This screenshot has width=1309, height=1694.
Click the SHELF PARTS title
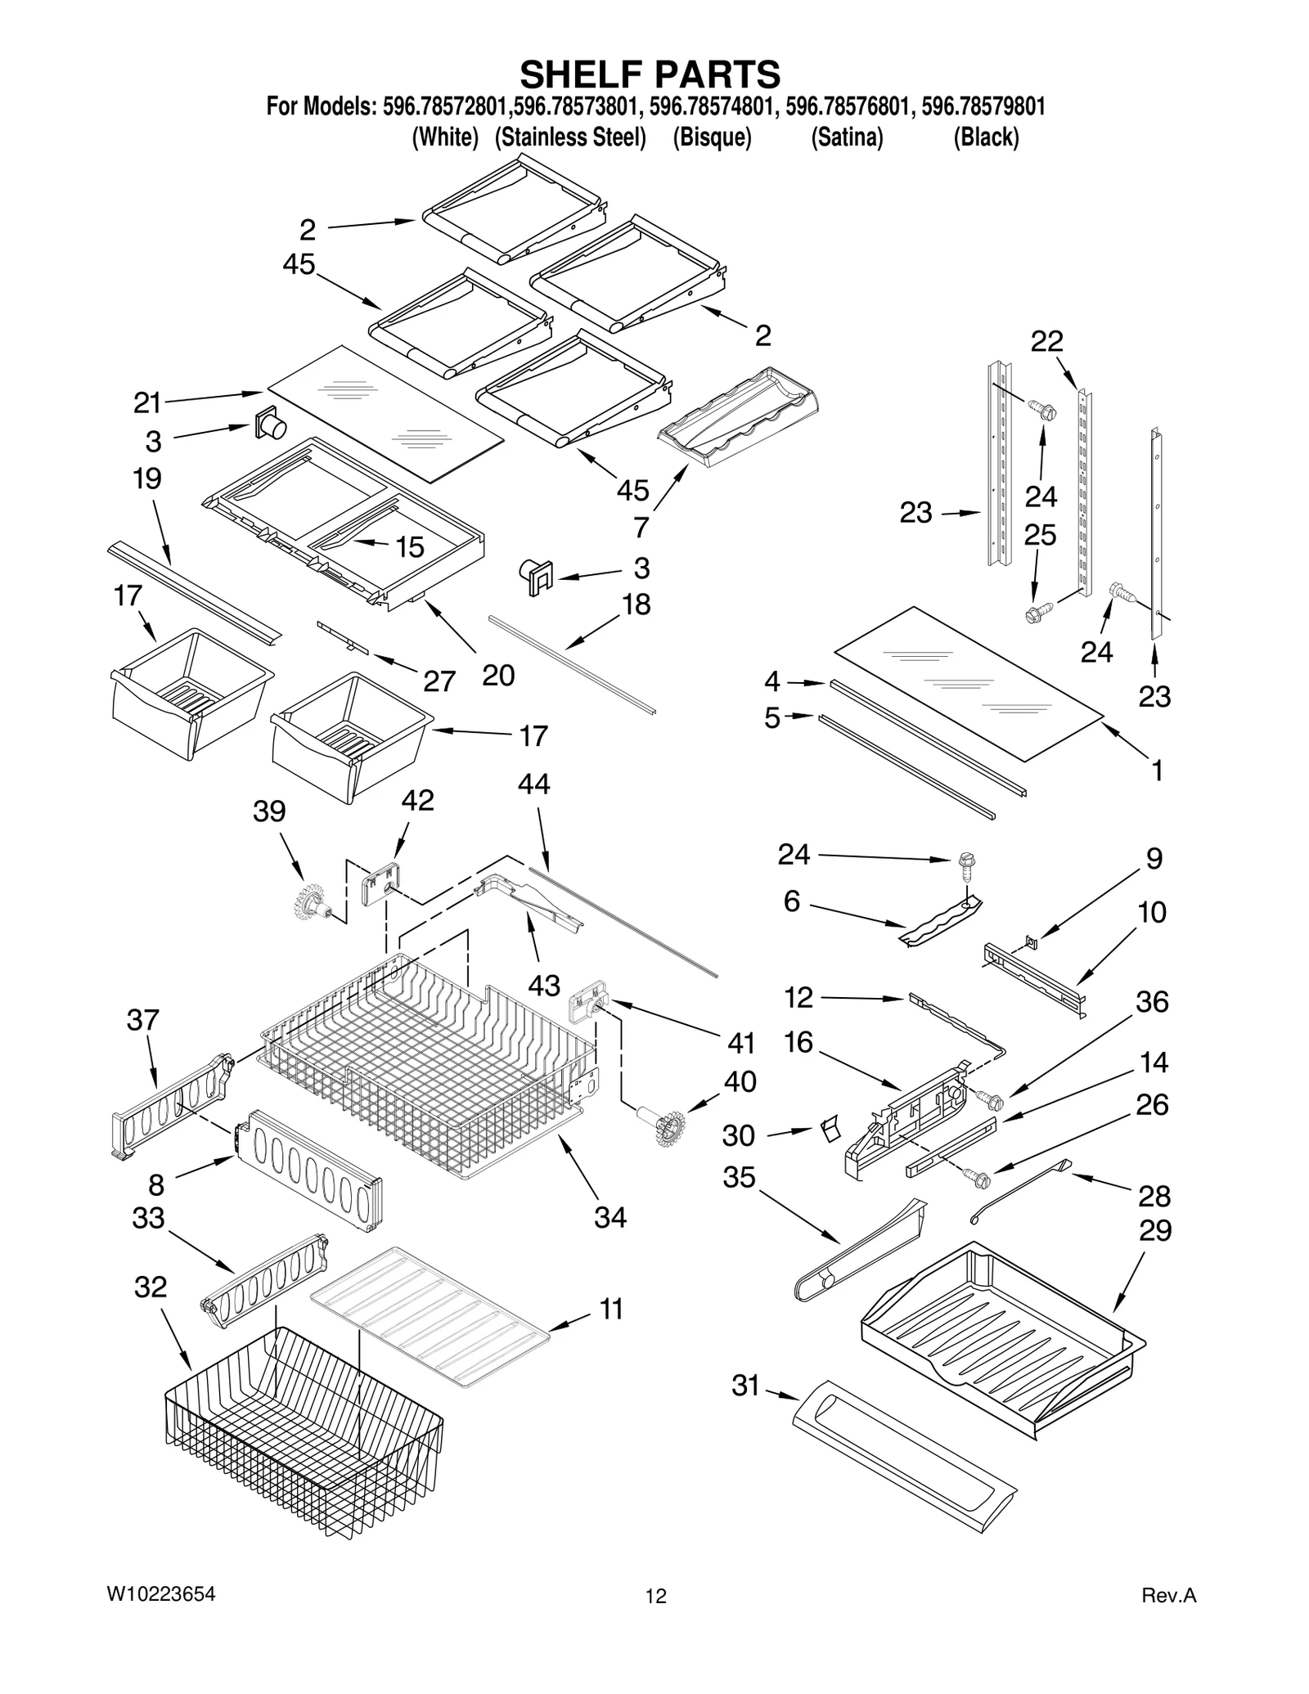coord(650,74)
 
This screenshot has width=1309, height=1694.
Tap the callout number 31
coord(745,1385)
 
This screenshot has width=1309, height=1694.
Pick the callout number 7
coord(641,528)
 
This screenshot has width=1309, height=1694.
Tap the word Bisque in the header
coord(712,137)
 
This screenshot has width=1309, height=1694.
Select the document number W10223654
coord(161,1593)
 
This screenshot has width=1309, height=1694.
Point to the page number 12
coord(655,1596)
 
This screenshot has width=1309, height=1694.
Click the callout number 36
coord(1152,1001)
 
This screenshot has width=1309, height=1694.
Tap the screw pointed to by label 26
coord(978,1180)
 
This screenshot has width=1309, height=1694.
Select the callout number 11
coord(611,1309)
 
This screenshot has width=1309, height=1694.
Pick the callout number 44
coord(533,784)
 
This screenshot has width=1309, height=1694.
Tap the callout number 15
coord(410,546)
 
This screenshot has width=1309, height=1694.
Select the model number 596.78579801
coord(983,106)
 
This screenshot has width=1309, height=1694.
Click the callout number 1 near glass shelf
coord(1157,770)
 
